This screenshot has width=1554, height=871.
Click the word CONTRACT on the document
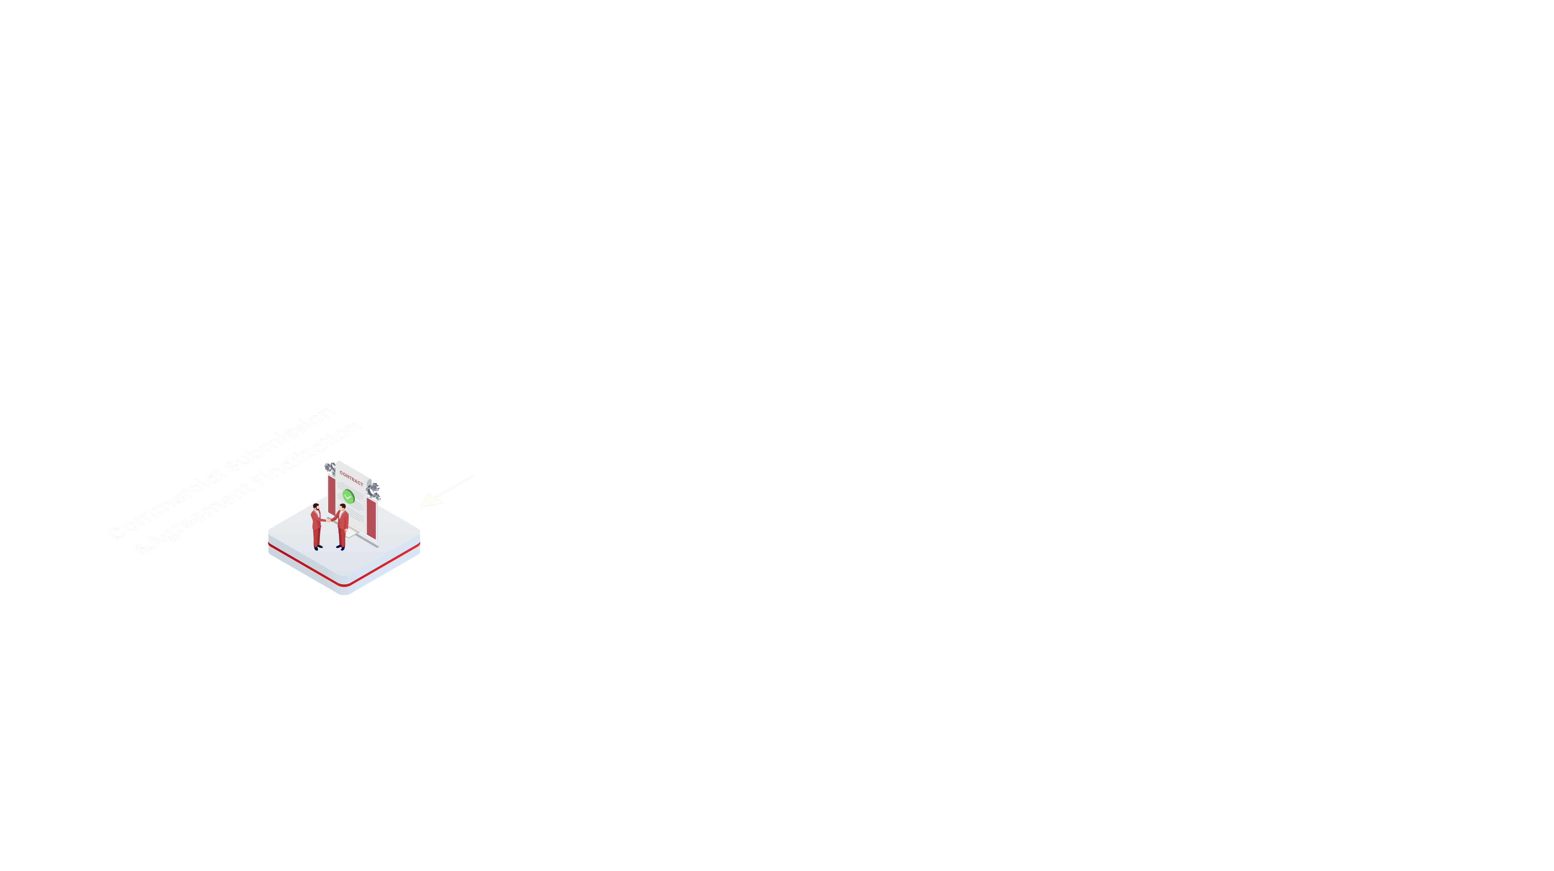coord(351,478)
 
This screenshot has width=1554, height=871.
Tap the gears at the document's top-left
coord(329,468)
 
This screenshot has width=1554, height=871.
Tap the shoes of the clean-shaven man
coord(340,548)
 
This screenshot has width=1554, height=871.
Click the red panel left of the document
coord(331,495)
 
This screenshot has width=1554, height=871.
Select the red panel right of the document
coord(372,519)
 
